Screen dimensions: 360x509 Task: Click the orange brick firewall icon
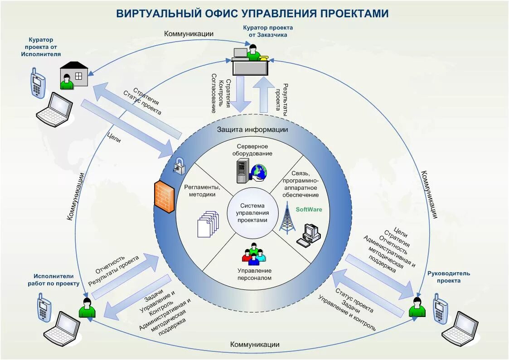pos(164,197)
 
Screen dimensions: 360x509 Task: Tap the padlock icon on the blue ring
pos(179,166)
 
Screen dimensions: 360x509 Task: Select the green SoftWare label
pos(309,209)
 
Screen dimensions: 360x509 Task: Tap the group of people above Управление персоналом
pos(253,254)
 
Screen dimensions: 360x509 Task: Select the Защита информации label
pos(252,130)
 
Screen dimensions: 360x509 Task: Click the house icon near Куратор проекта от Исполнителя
pos(74,75)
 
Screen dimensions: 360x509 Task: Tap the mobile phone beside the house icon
pos(38,82)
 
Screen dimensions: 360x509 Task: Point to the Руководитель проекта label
pos(448,277)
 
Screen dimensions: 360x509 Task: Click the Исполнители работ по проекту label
pos(57,279)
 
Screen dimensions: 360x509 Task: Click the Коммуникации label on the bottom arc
pos(255,345)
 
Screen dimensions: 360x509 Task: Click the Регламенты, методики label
pos(202,191)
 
